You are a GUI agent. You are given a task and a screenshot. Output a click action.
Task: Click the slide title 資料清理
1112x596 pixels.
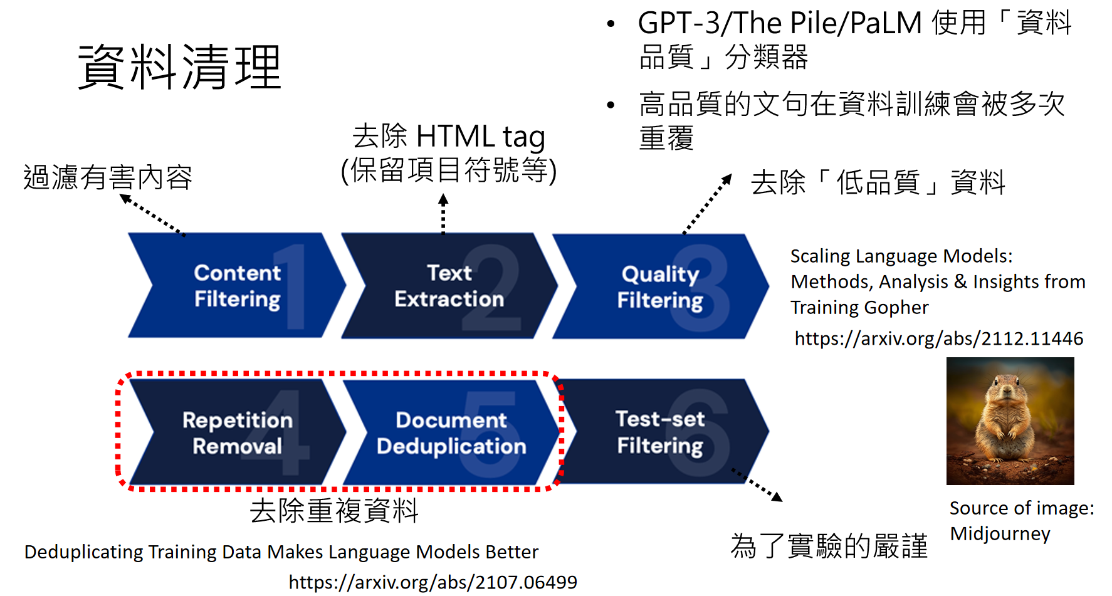click(x=179, y=67)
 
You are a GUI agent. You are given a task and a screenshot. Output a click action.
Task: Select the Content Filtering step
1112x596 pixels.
click(x=237, y=286)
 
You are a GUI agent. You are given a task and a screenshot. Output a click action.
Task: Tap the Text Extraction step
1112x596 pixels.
click(x=449, y=286)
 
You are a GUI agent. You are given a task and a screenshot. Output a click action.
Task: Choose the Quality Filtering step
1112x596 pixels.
click(x=659, y=287)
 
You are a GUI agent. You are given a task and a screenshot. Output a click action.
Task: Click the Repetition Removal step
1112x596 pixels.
click(x=237, y=432)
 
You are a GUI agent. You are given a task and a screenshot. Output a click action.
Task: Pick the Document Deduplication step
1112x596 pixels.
click(x=451, y=432)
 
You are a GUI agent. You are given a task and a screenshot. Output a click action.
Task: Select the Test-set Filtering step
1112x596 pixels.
click(x=660, y=432)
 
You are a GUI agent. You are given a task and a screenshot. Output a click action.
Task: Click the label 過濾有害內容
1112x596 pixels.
click(x=108, y=177)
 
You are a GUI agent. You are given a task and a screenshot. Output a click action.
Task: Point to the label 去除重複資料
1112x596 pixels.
click(x=333, y=510)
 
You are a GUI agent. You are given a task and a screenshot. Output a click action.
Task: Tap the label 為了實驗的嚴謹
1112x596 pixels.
click(x=829, y=545)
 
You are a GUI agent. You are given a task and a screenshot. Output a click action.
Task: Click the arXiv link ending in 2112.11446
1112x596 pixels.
click(x=938, y=338)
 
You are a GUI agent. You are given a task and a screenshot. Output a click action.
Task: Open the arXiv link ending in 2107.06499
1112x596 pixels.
click(x=433, y=582)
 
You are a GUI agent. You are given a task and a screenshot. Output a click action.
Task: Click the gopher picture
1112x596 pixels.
click(x=1010, y=421)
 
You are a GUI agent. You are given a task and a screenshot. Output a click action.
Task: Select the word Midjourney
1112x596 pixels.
click(x=1000, y=533)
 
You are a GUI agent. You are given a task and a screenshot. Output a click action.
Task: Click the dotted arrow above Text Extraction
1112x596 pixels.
click(x=443, y=214)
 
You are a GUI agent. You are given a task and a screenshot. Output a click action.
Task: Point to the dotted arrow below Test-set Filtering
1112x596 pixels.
click(x=757, y=484)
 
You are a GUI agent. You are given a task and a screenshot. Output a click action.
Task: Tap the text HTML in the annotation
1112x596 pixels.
click(x=455, y=137)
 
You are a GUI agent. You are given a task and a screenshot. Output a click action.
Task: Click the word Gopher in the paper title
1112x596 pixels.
click(x=898, y=308)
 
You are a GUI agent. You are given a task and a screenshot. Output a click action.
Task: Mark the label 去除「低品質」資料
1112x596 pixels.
click(x=878, y=183)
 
